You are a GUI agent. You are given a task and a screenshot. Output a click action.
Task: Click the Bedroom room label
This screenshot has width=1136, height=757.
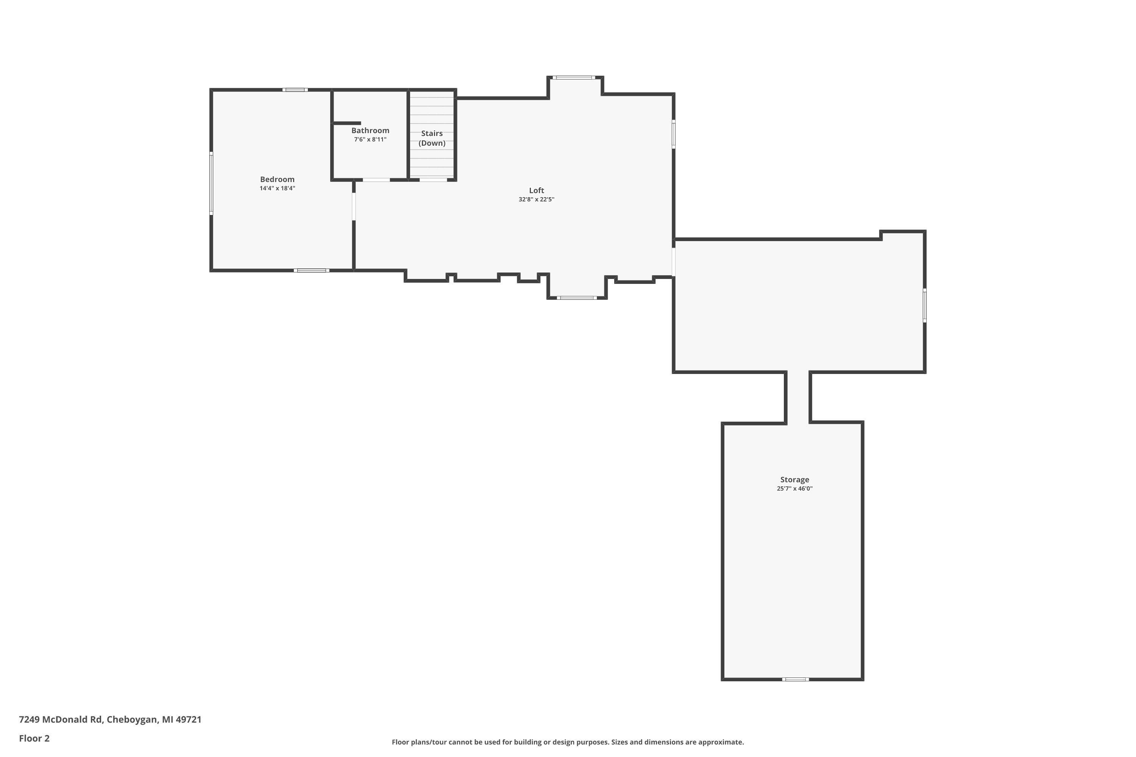pyautogui.click(x=277, y=179)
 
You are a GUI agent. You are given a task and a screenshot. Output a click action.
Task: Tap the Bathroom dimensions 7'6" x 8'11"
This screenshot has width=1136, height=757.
pyautogui.click(x=370, y=140)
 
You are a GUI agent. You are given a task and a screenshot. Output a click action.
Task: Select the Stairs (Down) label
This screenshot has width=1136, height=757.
pyautogui.click(x=432, y=138)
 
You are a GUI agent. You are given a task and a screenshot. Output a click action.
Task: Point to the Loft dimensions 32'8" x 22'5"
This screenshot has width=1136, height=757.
pyautogui.click(x=536, y=199)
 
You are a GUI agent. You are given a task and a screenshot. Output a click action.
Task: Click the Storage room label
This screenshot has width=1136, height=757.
pyautogui.click(x=794, y=480)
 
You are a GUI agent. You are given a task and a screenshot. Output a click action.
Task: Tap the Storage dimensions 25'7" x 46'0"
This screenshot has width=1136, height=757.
pyautogui.click(x=794, y=489)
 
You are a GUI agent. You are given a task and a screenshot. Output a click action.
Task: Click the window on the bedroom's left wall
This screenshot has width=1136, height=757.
pyautogui.click(x=211, y=184)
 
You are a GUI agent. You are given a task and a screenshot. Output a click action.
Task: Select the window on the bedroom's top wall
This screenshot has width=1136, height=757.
pyautogui.click(x=295, y=90)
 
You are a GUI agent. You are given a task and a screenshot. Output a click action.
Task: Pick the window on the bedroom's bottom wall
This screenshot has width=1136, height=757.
pyautogui.click(x=312, y=270)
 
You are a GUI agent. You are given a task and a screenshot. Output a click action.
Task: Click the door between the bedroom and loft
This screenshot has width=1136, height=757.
pyautogui.click(x=354, y=206)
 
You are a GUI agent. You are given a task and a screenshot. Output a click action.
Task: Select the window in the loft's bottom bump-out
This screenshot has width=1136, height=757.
pyautogui.click(x=577, y=298)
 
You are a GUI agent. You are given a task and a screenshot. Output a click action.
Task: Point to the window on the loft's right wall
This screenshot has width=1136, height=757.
pyautogui.click(x=674, y=134)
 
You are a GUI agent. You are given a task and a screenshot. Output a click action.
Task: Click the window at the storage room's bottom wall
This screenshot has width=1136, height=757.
pyautogui.click(x=796, y=679)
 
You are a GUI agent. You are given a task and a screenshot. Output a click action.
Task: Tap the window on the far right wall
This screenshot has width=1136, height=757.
pyautogui.click(x=924, y=305)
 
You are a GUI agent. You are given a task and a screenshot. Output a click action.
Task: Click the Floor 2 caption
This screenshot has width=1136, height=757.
pyautogui.click(x=34, y=738)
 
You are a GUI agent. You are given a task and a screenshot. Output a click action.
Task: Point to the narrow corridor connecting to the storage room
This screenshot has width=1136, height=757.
pyautogui.click(x=798, y=397)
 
